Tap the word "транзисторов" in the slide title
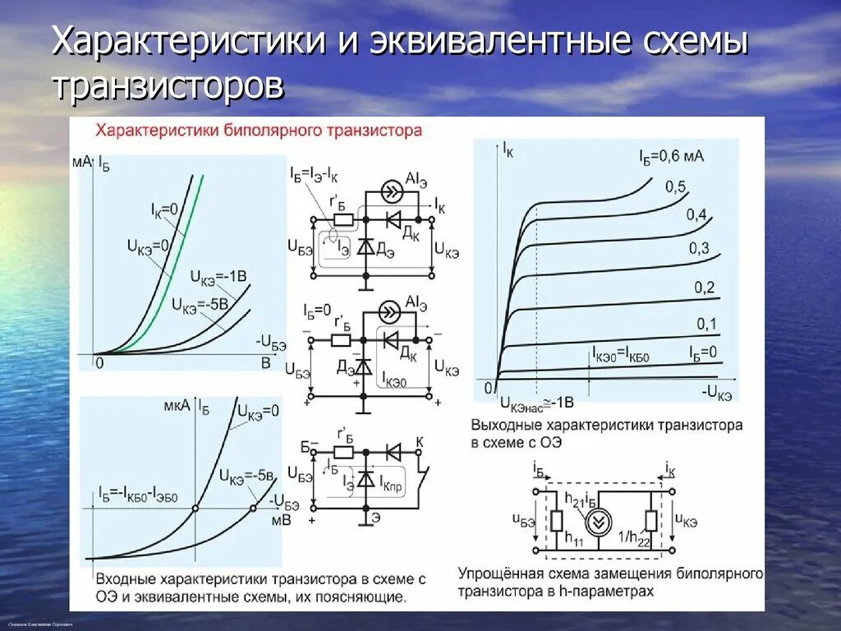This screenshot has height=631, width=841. click(168, 85)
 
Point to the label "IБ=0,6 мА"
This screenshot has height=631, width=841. click(671, 155)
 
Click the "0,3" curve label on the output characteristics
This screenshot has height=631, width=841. click(699, 248)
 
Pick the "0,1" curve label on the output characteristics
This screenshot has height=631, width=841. click(707, 324)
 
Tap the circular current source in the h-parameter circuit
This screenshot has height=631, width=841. click(598, 522)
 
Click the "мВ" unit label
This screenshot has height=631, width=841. click(281, 519)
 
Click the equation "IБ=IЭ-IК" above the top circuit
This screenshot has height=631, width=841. click(315, 173)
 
